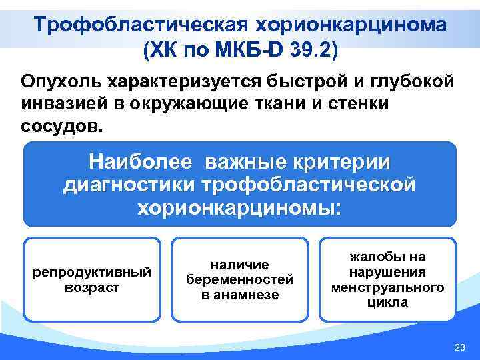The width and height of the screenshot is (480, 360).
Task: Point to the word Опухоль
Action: (60, 82)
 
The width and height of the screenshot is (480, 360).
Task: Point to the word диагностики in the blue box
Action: (133, 184)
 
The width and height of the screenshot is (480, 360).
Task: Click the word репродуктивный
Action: (92, 272)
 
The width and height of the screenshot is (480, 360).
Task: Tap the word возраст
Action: (92, 287)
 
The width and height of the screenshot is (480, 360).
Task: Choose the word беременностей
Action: (240, 280)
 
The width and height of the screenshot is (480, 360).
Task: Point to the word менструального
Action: (388, 287)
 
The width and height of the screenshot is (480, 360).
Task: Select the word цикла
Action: (388, 302)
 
